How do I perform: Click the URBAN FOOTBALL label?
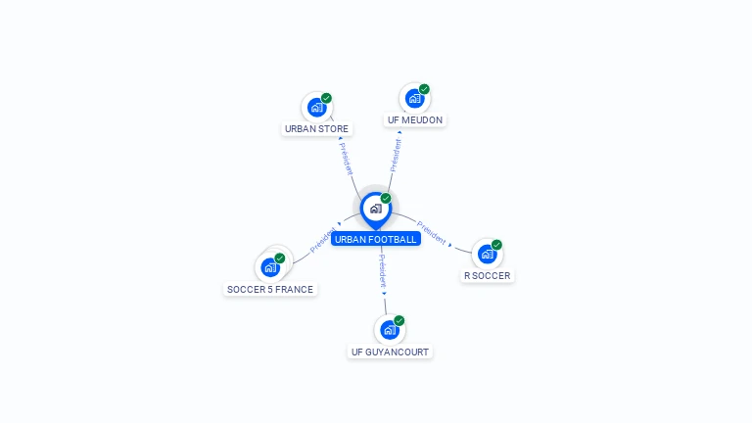pyautogui.click(x=375, y=239)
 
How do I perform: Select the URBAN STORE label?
pyautogui.click(x=316, y=128)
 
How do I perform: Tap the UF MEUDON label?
pyautogui.click(x=414, y=120)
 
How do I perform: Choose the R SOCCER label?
pyautogui.click(x=487, y=276)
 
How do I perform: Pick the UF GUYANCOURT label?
pyautogui.click(x=390, y=352)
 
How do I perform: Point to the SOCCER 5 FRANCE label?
pyautogui.click(x=270, y=289)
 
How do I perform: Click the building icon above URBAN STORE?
pyautogui.click(x=315, y=108)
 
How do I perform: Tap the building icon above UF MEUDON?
pyautogui.click(x=414, y=99)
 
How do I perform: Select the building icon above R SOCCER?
pyautogui.click(x=487, y=255)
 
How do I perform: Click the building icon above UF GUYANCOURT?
pyautogui.click(x=389, y=330)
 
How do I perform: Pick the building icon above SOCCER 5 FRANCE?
pyautogui.click(x=269, y=267)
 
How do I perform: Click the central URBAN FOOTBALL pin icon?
pyautogui.click(x=375, y=209)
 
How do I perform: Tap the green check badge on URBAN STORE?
pyautogui.click(x=326, y=98)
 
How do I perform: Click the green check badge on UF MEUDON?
pyautogui.click(x=424, y=89)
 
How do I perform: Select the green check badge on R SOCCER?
pyautogui.click(x=496, y=245)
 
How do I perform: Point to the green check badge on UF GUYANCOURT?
pyautogui.click(x=399, y=320)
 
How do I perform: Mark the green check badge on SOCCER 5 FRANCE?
pyautogui.click(x=280, y=258)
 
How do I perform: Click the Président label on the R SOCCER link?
pyautogui.click(x=432, y=233)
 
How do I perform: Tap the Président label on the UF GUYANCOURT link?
pyautogui.click(x=383, y=271)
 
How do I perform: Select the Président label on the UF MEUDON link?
pyautogui.click(x=395, y=154)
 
